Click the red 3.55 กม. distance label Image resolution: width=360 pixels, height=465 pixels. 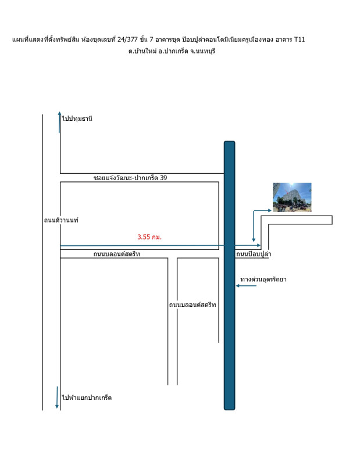149,237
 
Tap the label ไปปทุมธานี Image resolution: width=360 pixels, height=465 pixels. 77,119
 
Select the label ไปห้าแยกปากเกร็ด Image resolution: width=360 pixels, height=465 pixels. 87,398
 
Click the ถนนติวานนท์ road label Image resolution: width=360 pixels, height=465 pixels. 61,220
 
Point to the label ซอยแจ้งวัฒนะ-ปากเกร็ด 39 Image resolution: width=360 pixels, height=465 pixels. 130,178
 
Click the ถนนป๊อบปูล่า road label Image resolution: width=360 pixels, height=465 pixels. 254,254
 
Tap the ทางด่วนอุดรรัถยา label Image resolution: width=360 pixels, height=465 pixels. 263,279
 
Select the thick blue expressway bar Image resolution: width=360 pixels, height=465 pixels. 229,276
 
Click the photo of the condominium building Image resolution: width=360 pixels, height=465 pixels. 292,197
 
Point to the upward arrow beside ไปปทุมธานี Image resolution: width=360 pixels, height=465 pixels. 60,122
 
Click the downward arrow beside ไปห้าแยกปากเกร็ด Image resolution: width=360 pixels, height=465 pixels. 57,398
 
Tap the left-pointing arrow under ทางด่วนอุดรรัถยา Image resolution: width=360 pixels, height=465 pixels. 246,286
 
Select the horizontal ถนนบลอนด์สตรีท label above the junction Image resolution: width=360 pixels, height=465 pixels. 117,254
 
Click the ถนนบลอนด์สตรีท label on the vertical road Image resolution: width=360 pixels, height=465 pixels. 193,305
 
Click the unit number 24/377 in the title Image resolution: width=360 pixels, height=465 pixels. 127,40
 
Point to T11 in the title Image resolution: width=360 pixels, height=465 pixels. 300,40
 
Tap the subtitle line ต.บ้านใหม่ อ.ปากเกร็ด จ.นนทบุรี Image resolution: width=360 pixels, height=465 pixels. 172,51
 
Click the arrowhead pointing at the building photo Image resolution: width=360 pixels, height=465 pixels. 269,210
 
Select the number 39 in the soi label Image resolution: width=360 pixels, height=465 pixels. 163,178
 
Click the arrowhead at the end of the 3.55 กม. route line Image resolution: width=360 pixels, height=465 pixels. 259,245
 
